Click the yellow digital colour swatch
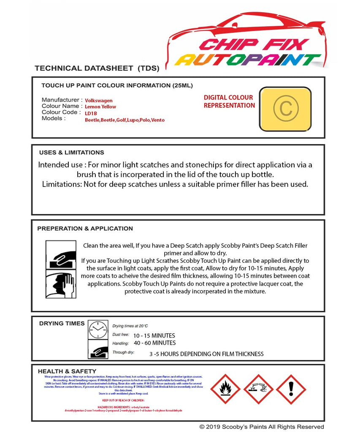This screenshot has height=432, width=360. [x=285, y=109]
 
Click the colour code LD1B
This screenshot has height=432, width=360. [x=91, y=113]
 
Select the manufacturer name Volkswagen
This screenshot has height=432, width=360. [x=99, y=100]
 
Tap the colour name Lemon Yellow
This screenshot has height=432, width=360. [x=100, y=107]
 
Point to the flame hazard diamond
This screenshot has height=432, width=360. [x=225, y=389]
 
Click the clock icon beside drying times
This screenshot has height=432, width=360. [x=98, y=329]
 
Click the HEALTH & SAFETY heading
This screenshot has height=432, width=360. [x=67, y=371]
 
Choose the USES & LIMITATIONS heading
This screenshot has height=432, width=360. [x=71, y=152]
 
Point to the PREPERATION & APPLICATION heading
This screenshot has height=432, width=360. [x=85, y=228]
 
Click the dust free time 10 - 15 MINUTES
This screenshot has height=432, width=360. [x=154, y=335]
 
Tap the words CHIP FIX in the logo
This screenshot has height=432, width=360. [x=254, y=44]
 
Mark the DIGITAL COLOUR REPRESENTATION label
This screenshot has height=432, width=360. [x=229, y=101]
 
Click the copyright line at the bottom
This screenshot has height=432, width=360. [x=262, y=427]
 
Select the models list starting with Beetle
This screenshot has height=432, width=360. [x=125, y=120]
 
